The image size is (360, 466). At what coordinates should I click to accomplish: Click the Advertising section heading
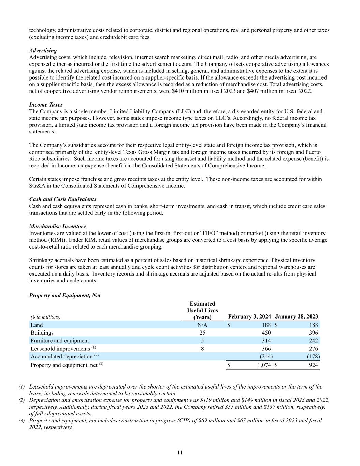(43, 51)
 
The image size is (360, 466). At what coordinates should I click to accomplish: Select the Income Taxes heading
(46, 104)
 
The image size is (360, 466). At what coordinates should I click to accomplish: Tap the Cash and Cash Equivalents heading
(63, 199)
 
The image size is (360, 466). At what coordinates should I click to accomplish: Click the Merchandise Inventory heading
(57, 226)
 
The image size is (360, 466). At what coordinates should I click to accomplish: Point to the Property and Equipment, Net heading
(65, 295)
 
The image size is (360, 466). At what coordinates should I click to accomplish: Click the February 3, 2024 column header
(249, 316)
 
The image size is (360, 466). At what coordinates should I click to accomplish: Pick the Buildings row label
(42, 333)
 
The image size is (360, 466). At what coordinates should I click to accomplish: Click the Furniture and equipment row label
(60, 341)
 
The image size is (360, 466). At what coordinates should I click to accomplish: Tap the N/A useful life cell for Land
(202, 325)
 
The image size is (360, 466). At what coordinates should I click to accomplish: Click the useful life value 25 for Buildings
(202, 333)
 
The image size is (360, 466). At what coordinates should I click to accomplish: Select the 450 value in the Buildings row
(266, 333)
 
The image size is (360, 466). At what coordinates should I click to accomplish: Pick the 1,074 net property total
(263, 365)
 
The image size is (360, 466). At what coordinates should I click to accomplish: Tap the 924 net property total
(313, 365)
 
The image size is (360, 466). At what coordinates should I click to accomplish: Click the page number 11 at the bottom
(180, 453)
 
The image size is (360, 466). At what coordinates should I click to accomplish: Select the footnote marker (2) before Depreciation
(21, 400)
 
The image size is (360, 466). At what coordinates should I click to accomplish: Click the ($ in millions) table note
(46, 317)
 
